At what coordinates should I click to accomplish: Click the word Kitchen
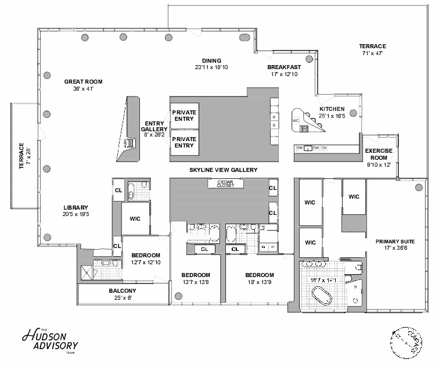click(332, 109)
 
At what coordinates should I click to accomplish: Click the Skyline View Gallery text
click(223, 170)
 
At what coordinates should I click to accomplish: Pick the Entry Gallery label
click(154, 125)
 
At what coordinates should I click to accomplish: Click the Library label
click(75, 207)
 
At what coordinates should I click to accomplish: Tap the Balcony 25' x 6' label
click(123, 291)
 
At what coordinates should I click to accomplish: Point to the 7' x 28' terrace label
click(24, 154)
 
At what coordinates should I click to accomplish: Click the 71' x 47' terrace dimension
click(372, 53)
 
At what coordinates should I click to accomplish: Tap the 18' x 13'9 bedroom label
click(259, 283)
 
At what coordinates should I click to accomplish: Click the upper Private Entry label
click(184, 115)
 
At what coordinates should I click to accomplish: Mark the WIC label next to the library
click(135, 218)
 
